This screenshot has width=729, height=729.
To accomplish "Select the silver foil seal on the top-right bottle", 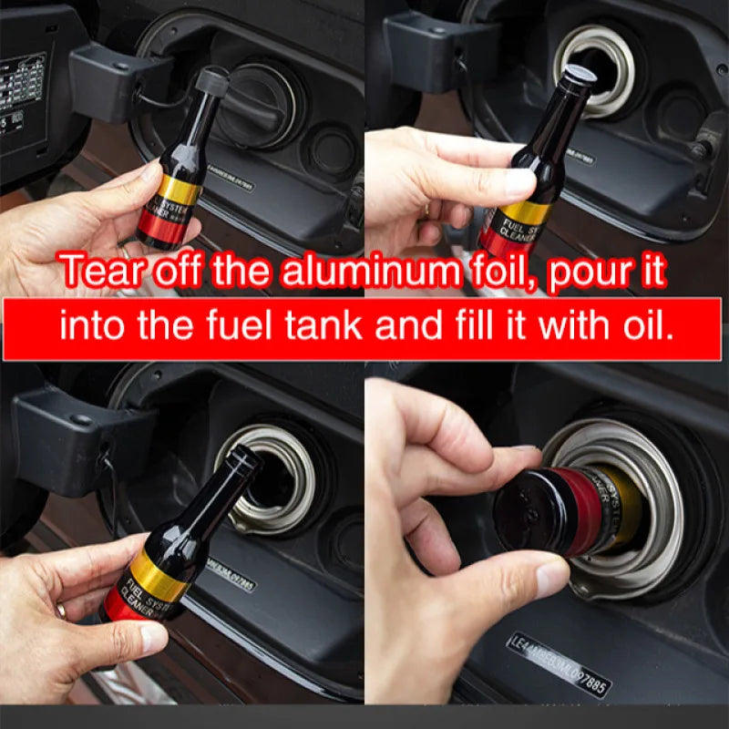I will [580, 74].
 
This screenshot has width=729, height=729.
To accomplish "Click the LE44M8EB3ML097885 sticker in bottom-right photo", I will [558, 664].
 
